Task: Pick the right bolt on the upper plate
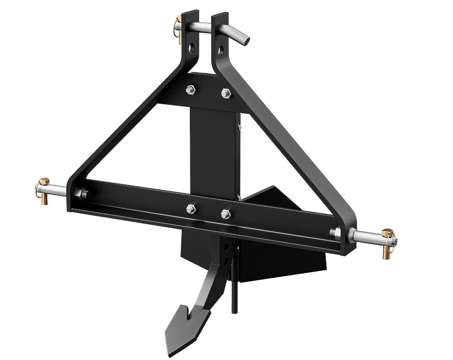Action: coord(225,94)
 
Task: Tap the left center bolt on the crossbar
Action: coord(191,209)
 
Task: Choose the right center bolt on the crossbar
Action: coord(225,214)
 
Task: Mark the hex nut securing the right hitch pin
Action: coord(335,232)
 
